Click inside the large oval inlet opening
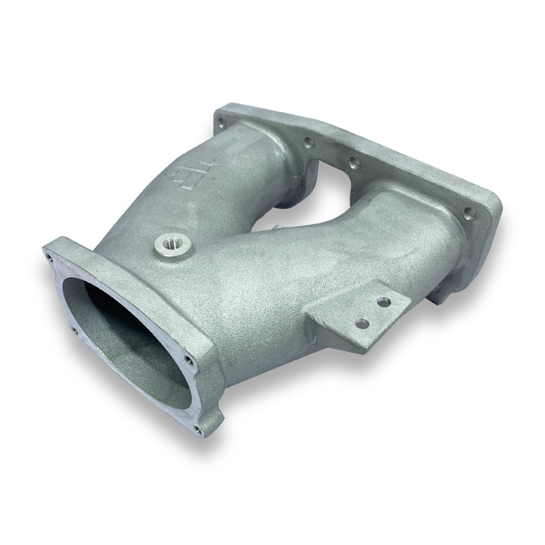click(121, 333)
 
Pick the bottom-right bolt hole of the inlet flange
click(198, 430)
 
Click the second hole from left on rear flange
click(308, 142)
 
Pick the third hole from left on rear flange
click(352, 161)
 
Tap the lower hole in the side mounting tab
click(363, 323)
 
